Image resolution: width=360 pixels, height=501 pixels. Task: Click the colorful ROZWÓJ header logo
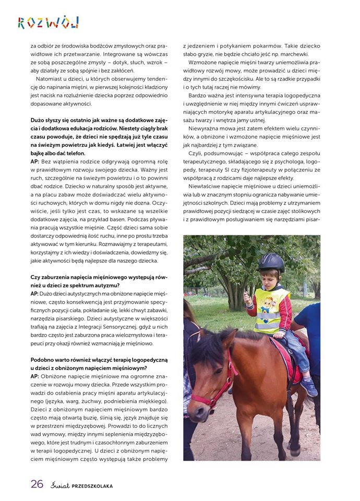(48, 22)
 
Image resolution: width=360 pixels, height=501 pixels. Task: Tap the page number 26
(37, 484)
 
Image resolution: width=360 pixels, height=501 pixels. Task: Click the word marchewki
(292, 54)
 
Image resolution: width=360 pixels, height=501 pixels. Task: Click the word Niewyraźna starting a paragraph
(207, 128)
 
